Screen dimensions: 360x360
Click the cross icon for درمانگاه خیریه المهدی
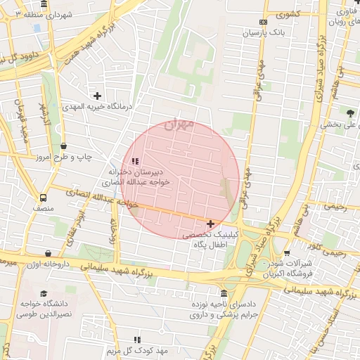point(97,95)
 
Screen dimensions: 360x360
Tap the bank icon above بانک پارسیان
point(264,22)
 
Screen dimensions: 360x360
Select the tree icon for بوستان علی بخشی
point(350,112)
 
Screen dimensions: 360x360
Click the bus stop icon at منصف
point(44,198)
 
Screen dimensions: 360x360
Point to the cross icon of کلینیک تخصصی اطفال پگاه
point(210,224)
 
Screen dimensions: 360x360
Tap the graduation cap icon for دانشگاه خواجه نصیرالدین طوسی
point(44,294)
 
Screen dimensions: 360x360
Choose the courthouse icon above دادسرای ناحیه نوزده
point(224,293)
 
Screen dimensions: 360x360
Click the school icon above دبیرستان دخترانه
point(135,161)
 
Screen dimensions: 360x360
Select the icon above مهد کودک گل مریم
point(136,340)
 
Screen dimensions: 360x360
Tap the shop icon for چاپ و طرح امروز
point(63,146)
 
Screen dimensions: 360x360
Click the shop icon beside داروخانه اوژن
point(47,253)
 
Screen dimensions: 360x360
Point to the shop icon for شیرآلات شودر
point(286,253)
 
